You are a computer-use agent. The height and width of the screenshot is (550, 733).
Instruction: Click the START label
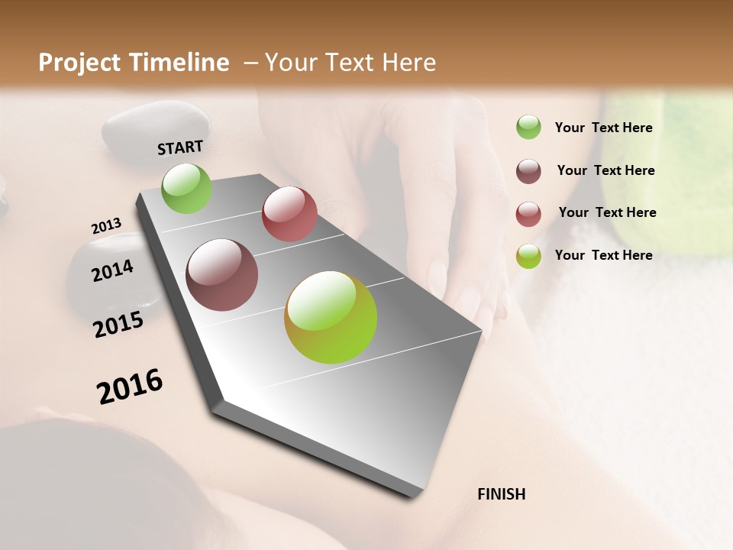[180, 147]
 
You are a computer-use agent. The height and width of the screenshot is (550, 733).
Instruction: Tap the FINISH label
[501, 494]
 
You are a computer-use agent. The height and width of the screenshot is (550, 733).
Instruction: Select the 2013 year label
[106, 226]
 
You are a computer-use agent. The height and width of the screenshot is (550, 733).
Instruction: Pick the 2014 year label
[112, 270]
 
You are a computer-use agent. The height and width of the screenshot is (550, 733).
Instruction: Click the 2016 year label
[130, 387]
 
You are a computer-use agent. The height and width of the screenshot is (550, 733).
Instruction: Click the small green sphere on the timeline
[186, 188]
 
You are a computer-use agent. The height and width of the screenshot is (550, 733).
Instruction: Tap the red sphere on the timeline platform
[289, 214]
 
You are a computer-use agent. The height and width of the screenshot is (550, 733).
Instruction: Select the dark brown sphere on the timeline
[221, 275]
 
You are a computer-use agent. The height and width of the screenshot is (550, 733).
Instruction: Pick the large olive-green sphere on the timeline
[331, 317]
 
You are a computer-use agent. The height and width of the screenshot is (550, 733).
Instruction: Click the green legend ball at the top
[528, 128]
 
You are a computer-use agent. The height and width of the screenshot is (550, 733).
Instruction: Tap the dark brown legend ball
[528, 171]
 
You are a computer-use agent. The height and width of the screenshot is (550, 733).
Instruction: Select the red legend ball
[528, 214]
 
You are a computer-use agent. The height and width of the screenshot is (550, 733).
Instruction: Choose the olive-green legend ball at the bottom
[528, 257]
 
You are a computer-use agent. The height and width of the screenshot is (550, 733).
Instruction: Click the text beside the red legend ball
[607, 212]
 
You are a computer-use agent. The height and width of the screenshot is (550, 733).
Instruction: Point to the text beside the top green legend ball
[603, 128]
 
